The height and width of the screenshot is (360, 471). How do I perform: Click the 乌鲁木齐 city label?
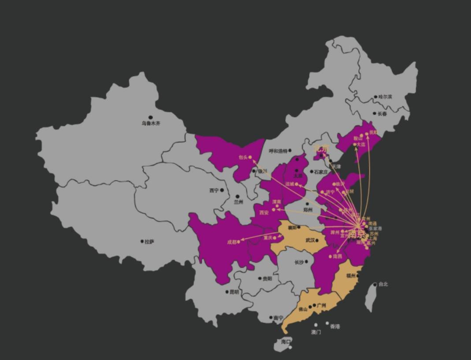(151, 123)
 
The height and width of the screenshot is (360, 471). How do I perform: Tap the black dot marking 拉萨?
(142, 241)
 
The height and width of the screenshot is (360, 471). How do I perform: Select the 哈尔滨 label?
(385, 97)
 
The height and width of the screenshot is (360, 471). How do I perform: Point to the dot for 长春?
(375, 114)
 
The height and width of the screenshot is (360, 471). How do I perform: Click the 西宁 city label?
(214, 190)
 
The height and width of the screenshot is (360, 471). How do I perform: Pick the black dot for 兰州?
(237, 197)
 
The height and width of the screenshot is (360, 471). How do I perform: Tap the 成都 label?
(232, 242)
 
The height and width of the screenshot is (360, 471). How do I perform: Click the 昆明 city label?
(234, 292)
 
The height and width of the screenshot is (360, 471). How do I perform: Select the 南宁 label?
(278, 318)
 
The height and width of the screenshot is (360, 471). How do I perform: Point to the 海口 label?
(286, 341)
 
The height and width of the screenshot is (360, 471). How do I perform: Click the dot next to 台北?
(375, 285)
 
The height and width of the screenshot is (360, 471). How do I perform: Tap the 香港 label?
(335, 327)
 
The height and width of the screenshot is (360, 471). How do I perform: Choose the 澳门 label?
(316, 332)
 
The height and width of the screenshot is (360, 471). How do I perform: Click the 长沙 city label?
(299, 263)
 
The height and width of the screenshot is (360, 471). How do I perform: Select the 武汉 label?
(310, 241)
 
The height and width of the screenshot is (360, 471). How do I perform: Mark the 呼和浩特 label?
(278, 151)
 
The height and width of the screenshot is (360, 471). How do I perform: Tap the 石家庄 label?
(321, 172)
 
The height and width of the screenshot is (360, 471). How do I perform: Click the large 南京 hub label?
(357, 234)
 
